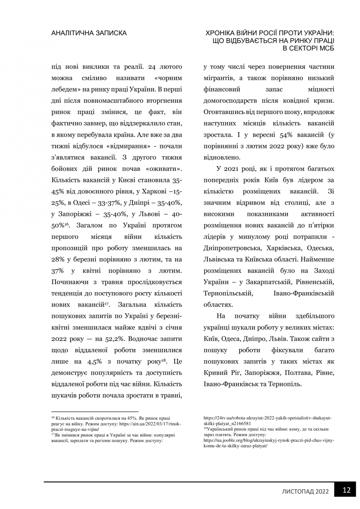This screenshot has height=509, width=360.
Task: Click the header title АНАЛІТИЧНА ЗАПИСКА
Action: tap(88, 33)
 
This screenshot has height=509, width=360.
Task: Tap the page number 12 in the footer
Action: tap(346, 490)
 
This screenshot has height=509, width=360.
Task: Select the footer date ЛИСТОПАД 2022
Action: tap(305, 492)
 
